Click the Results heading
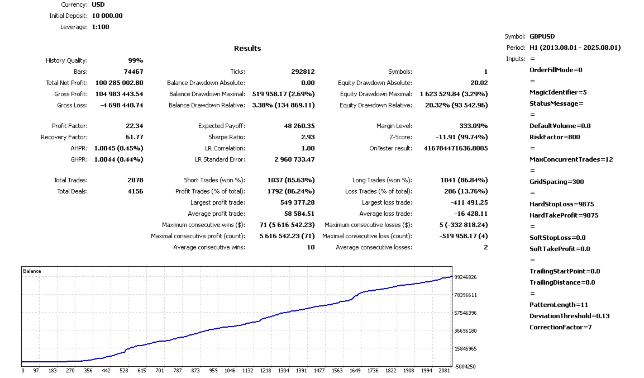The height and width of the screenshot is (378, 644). [x=247, y=49]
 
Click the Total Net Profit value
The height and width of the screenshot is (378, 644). [x=115, y=83]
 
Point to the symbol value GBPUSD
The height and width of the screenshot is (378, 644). [x=542, y=36]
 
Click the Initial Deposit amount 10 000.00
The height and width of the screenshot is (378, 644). [x=107, y=16]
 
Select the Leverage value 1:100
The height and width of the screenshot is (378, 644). [x=102, y=27]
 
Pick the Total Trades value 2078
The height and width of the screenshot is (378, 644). [x=135, y=180]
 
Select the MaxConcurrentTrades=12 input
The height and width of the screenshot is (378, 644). [x=571, y=159]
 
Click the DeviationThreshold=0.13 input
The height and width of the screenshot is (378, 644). [x=569, y=316]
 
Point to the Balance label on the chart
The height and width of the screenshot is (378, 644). [x=32, y=271]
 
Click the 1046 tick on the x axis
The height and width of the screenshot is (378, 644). [x=230, y=371]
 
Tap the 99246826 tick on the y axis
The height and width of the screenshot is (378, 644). [x=465, y=277]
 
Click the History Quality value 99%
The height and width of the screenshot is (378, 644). [x=135, y=60]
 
